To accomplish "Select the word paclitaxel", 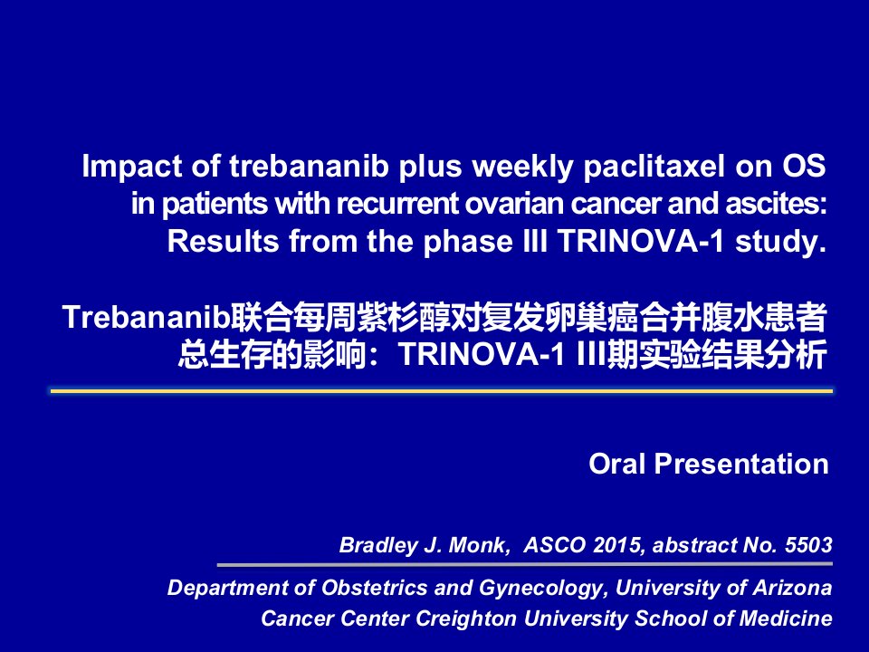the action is [654, 167].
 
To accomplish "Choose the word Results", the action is [223, 241].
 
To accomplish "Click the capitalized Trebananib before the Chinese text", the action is [147, 317].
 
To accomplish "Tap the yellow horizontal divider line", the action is [442, 391].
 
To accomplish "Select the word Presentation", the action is [741, 464].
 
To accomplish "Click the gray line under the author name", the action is [525, 565].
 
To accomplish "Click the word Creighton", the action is [465, 618].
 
